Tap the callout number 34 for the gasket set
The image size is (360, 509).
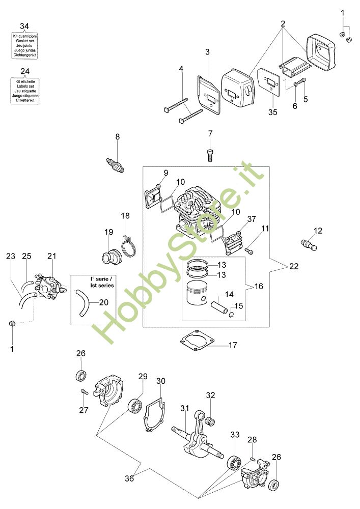[25, 26]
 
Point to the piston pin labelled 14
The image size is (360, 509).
[215, 309]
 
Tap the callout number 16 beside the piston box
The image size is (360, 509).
[259, 287]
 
